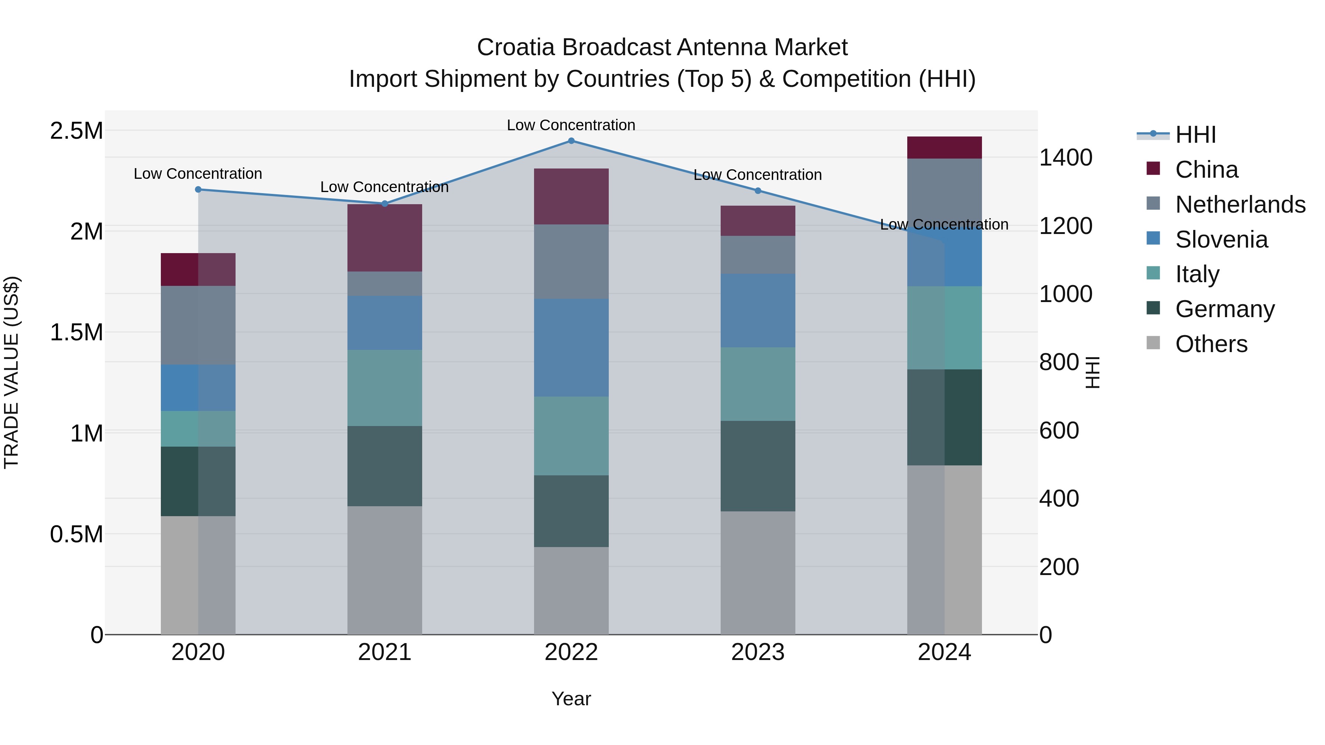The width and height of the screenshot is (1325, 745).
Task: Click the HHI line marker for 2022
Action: click(571, 141)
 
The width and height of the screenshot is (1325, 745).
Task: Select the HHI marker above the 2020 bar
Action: click(198, 189)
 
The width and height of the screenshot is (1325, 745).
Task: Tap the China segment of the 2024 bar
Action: click(944, 148)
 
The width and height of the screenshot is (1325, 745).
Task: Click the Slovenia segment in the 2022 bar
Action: click(571, 348)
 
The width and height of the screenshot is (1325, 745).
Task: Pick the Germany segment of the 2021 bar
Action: click(384, 466)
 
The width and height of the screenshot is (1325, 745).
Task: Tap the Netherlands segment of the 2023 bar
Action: click(758, 255)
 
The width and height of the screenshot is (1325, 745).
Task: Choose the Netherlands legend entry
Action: click(1240, 205)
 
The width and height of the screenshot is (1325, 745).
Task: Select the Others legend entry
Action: click(1211, 344)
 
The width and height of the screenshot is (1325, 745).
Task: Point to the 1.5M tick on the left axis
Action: click(77, 333)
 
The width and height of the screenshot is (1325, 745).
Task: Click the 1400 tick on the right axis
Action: click(1065, 157)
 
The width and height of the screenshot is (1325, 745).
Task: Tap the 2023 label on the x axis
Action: click(758, 652)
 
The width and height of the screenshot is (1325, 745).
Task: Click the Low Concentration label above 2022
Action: click(571, 125)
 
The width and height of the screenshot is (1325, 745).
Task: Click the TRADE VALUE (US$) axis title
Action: click(11, 372)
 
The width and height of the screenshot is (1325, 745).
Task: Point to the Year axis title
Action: click(571, 699)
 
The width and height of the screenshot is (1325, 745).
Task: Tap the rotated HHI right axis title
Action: click(1092, 372)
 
